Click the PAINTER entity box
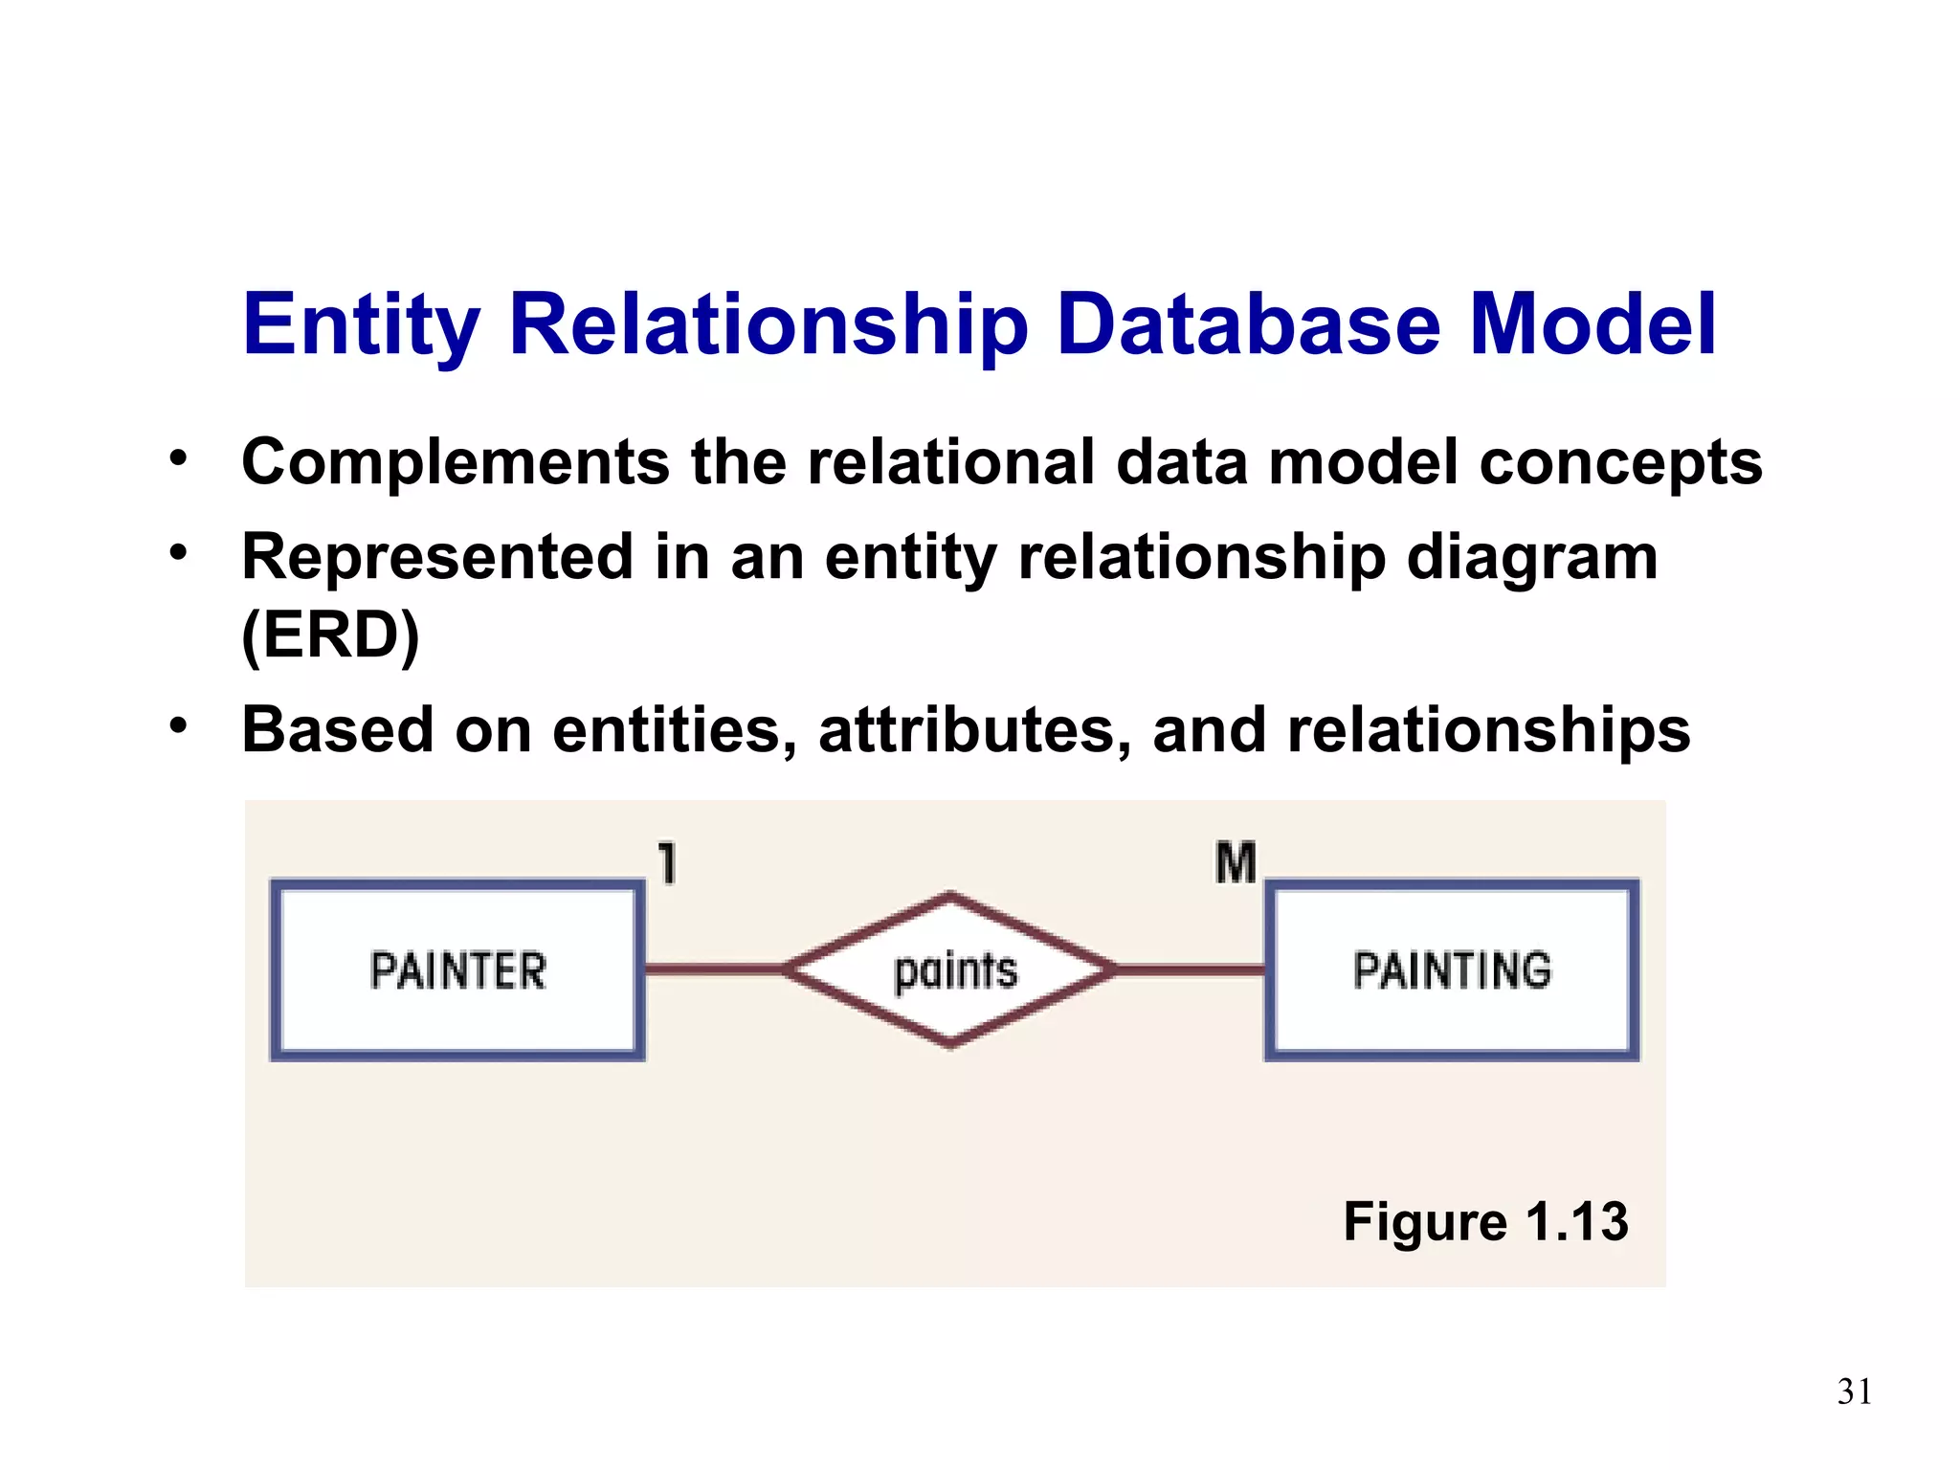(x=457, y=970)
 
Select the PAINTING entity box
(x=1452, y=970)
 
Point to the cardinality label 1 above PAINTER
(x=668, y=862)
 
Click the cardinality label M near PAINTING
(x=1236, y=862)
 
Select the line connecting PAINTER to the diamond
(x=714, y=969)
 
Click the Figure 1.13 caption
(x=1485, y=1221)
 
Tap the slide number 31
(x=1855, y=1392)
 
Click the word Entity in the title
(x=361, y=325)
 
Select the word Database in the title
(x=1249, y=325)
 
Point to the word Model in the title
(x=1592, y=325)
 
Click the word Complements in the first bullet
(x=456, y=463)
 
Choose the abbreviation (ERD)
(x=330, y=635)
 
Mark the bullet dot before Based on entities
(x=178, y=725)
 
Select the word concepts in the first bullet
(x=1620, y=463)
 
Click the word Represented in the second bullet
(x=437, y=557)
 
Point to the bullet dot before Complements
(x=178, y=457)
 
